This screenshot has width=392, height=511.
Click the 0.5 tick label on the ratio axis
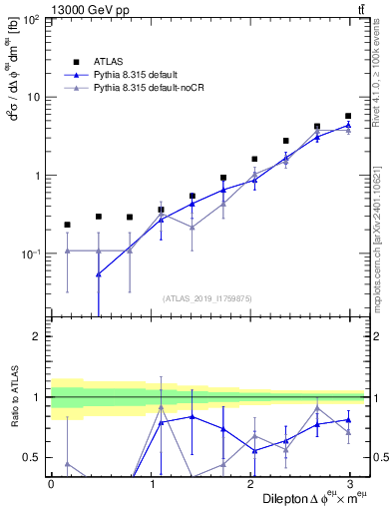point(33,457)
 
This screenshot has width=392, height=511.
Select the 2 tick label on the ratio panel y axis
point(38,336)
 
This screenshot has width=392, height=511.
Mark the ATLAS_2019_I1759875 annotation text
point(207,297)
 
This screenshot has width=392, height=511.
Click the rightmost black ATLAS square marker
point(348,116)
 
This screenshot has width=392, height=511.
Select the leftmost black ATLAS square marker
point(67,225)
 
